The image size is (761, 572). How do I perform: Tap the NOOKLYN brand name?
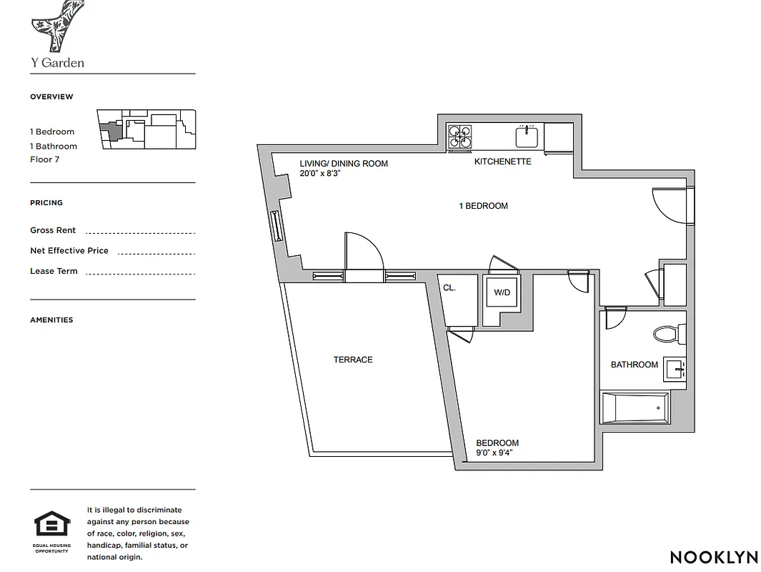tap(709, 557)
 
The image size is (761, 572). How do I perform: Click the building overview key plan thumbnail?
tap(146, 129)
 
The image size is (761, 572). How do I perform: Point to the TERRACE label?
tap(353, 360)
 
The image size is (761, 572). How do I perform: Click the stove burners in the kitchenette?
tap(459, 136)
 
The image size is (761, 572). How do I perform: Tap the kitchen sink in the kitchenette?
tap(527, 136)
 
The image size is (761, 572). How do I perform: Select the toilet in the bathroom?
tap(667, 334)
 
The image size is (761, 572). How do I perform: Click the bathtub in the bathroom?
tap(635, 408)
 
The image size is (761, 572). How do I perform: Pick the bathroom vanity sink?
tap(675, 369)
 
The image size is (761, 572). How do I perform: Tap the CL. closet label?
tap(449, 288)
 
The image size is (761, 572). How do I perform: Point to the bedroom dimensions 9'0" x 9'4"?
tap(494, 453)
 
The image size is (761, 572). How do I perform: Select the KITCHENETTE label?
tap(502, 162)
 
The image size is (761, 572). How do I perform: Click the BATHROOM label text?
tap(634, 365)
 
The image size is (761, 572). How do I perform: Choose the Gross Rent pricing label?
tap(53, 230)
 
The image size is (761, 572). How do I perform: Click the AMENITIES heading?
tap(51, 320)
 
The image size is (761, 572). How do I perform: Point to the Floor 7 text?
tap(44, 159)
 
